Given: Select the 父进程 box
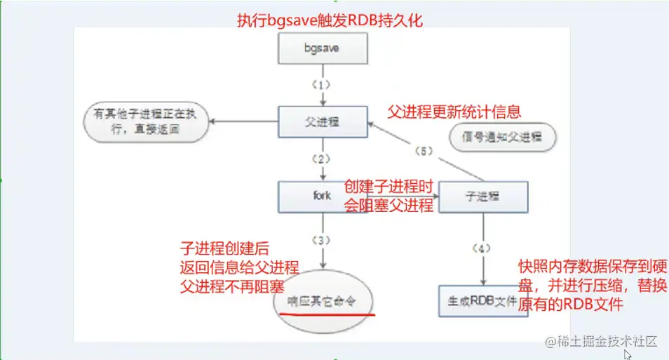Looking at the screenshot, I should (322, 121).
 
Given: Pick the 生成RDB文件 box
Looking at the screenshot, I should (483, 300).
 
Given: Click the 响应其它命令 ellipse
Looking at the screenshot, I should (322, 300).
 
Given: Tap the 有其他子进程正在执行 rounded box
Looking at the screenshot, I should (147, 120).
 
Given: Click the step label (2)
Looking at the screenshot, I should (322, 159).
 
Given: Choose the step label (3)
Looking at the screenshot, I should (322, 240).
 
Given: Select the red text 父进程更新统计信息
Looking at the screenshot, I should (455, 112).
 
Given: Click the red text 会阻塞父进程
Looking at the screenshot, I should (388, 206).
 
